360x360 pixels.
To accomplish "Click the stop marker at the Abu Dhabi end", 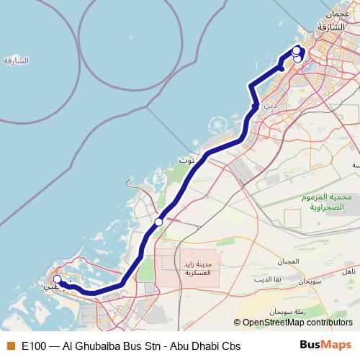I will coord(58,279).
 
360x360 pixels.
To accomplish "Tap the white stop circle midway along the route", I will coord(159,222).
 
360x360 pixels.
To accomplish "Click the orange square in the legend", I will coord(10,346).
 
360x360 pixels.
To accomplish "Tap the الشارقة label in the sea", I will coord(16,60).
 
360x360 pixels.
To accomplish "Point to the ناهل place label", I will coord(348,271).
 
